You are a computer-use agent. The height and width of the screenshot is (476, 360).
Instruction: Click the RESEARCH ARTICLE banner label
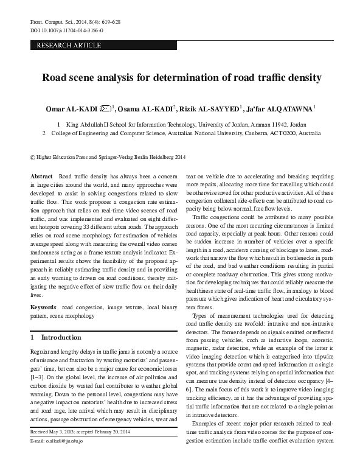tap(69, 46)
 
